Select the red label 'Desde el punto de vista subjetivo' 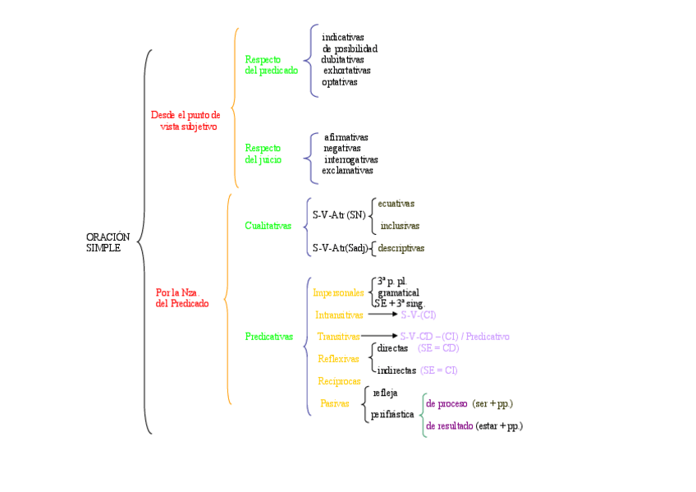pos(186,121)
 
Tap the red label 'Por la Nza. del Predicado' pos(181,297)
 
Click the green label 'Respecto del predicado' pos(271,65)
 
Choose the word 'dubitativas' pos(343,60)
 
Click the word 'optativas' pos(340,82)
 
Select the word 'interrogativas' pos(351,159)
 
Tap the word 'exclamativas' pos(347,171)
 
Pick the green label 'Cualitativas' pos(268,226)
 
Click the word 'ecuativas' pos(396,204)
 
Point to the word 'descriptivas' pos(401,248)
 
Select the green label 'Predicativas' pos(268,337)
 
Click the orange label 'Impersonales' pos(338,292)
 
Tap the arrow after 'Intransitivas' pos(382,315)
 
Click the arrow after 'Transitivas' pos(378,336)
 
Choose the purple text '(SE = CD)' pos(438,348)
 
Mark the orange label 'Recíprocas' pos(339,381)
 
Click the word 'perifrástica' pos(392,415)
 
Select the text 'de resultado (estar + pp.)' pos(474,426)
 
